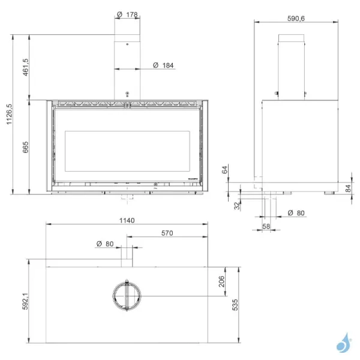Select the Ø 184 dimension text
click(163, 64)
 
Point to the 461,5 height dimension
click(25, 67)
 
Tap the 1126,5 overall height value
click(8, 113)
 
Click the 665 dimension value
click(25, 147)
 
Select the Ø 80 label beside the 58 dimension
click(296, 212)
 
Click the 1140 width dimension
click(126, 220)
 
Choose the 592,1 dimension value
click(25, 300)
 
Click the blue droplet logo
click(343, 344)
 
